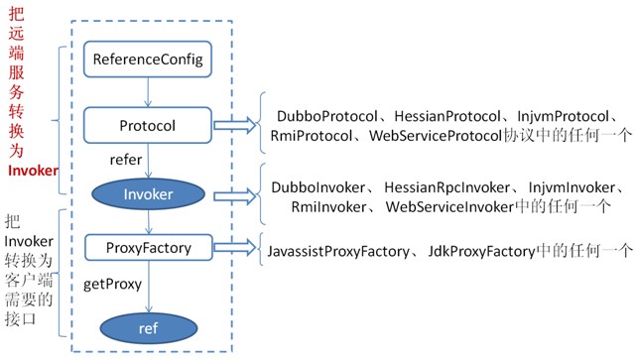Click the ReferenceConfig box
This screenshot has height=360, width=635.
pyautogui.click(x=147, y=61)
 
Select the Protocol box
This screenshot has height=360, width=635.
pyautogui.click(x=147, y=127)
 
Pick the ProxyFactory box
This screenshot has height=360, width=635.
pyautogui.click(x=147, y=245)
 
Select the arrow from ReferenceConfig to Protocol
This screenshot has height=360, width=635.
pyautogui.click(x=147, y=94)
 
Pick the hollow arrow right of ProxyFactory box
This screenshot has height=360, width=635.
pyautogui.click(x=234, y=245)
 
